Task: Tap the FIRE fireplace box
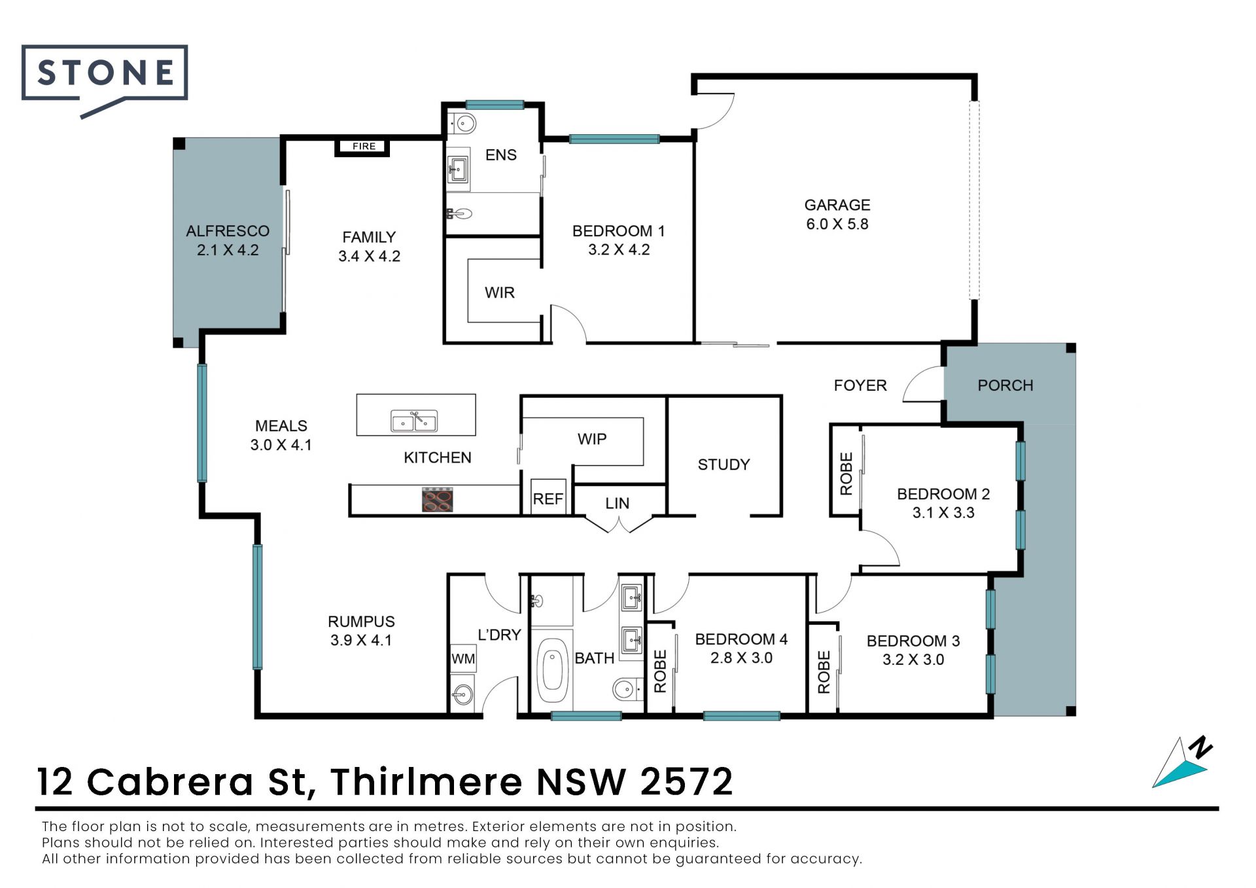point(363,147)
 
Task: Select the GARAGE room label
point(837,205)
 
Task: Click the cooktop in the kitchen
point(438,500)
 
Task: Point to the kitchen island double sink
point(414,421)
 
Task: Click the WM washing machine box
point(463,658)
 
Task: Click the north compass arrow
point(1183,763)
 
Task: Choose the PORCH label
point(1005,385)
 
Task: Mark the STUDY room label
point(724,465)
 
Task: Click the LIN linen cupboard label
point(617,503)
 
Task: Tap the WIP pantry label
point(592,439)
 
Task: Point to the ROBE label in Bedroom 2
point(846,474)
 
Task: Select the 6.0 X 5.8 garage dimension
point(837,224)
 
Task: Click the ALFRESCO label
point(228,231)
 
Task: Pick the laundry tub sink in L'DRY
point(463,694)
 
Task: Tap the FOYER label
point(860,385)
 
